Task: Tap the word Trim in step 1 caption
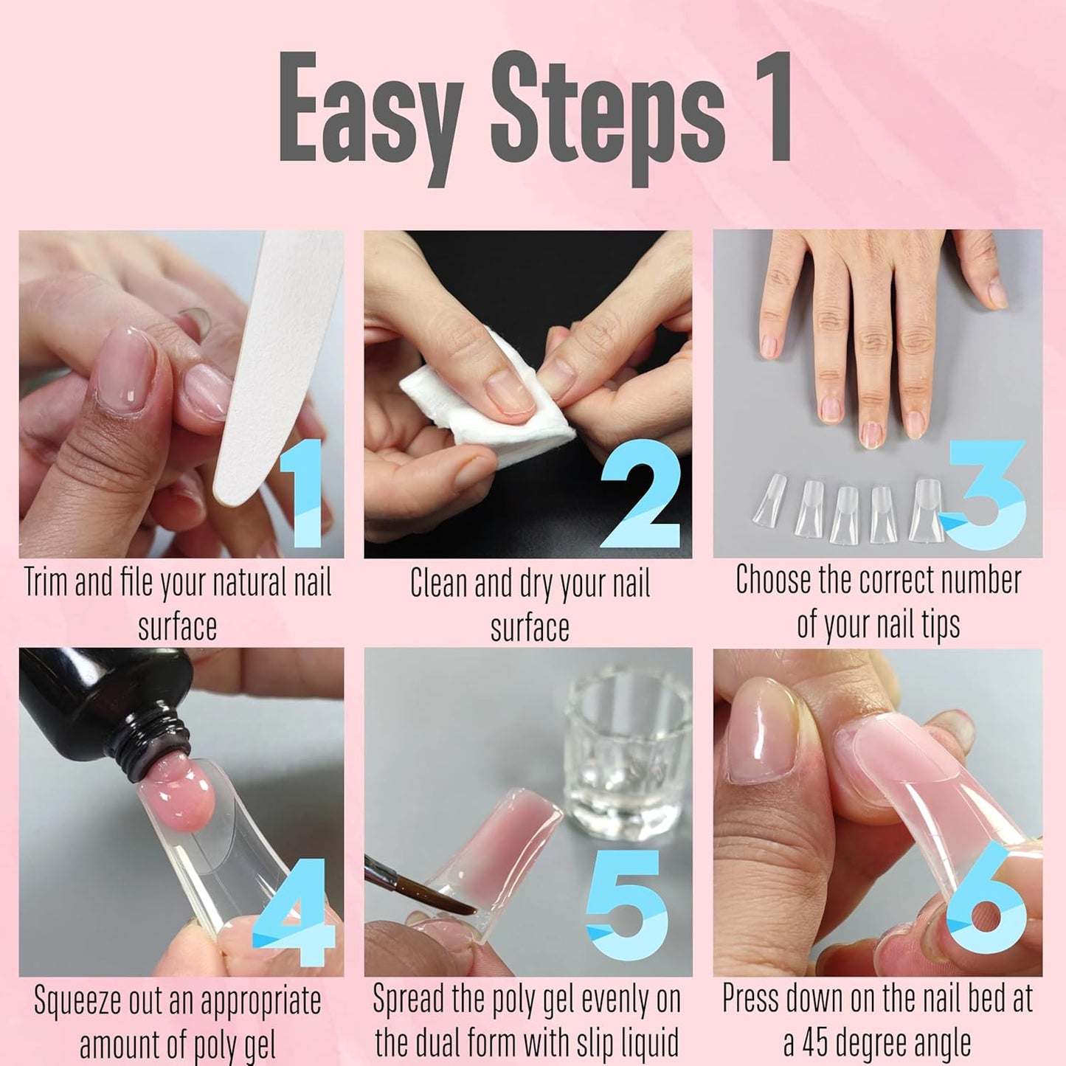tap(48, 583)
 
